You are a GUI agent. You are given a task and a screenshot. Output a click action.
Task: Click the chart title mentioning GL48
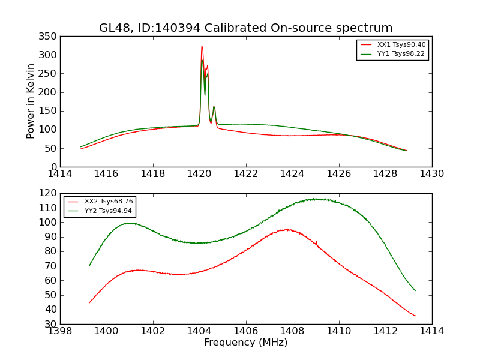246,28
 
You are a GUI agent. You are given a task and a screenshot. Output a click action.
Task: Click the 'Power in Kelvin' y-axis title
31,101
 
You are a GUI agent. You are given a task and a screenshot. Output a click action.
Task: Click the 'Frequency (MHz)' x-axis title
246,343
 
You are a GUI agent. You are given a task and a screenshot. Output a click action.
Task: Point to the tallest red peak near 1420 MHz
202,46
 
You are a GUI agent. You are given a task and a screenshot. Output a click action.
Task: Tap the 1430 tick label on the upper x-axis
432,174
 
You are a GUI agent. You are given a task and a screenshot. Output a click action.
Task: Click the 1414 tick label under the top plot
60,174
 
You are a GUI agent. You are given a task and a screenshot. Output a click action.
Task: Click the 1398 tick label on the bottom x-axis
60,331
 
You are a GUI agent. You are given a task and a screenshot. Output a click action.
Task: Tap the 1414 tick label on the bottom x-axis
432,331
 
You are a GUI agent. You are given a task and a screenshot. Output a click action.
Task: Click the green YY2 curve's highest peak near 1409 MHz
314,199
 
